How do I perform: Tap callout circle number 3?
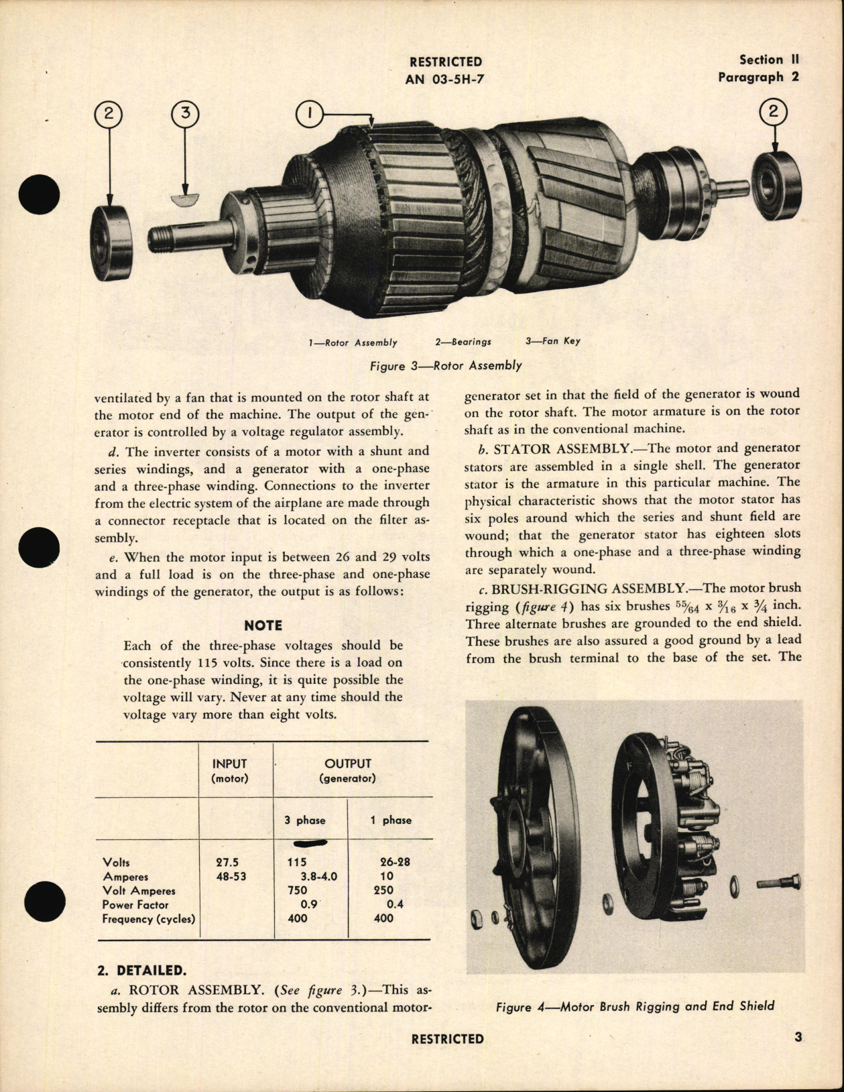pyautogui.click(x=186, y=115)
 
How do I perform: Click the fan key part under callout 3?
pyautogui.click(x=186, y=199)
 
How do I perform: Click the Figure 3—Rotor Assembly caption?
pyautogui.click(x=445, y=366)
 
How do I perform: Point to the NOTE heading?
pyautogui.click(x=263, y=625)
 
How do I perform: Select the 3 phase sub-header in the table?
pyautogui.click(x=310, y=820)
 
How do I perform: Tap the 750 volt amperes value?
pyautogui.click(x=296, y=890)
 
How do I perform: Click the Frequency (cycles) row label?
pyautogui.click(x=148, y=918)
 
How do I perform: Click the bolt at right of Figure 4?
pyautogui.click(x=778, y=884)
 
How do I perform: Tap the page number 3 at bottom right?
pyautogui.click(x=798, y=1038)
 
